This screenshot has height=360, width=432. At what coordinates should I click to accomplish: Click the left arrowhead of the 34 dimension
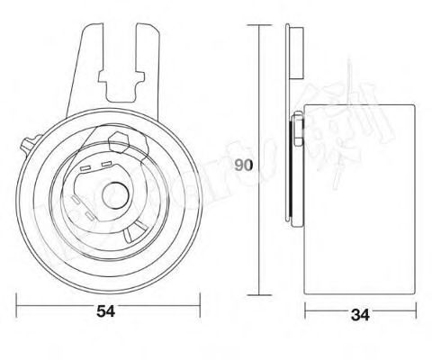pyautogui.click(x=307, y=311)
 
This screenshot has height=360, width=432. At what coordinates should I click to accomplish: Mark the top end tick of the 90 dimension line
pyautogui.click(x=259, y=26)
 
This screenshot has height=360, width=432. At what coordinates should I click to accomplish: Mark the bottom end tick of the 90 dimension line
pyautogui.click(x=259, y=294)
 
